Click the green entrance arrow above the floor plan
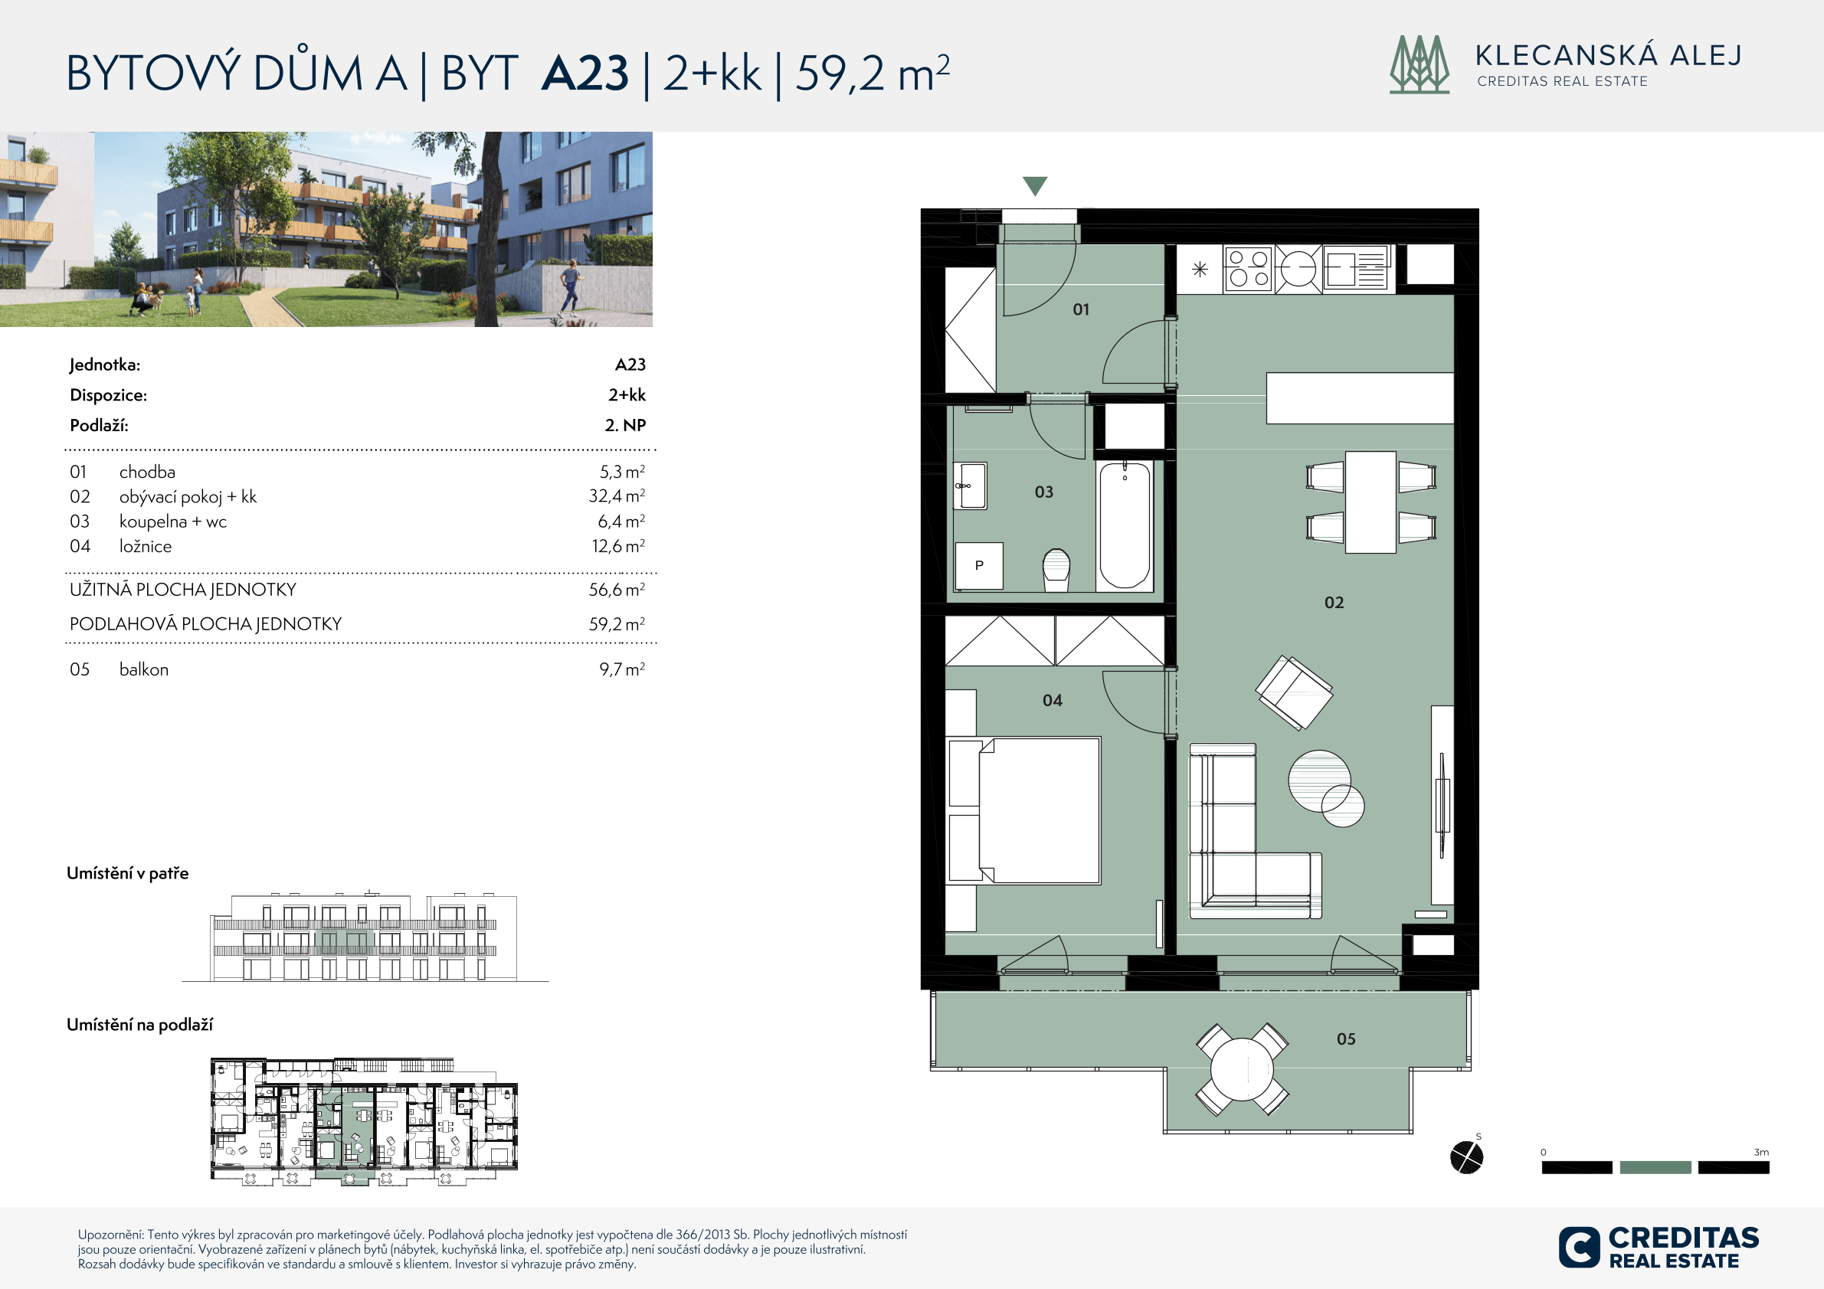pos(1034,186)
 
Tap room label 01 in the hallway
pos(1081,309)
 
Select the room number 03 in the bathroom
pos(1044,492)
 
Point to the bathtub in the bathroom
pos(1124,525)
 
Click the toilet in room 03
pos(1056,570)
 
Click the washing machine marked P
pos(979,565)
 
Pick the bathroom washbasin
pos(970,486)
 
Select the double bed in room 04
pos(1025,810)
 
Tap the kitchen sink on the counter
pos(1356,268)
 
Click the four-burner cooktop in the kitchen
pos(1248,268)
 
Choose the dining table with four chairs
pos(1371,502)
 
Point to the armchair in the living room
pos(1294,692)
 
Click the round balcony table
pos(1243,1069)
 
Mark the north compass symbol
pos(1466,1157)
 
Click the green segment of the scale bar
pos(1655,1167)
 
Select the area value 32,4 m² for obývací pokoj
pos(617,496)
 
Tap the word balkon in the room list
pos(144,669)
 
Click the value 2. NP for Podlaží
pos(625,425)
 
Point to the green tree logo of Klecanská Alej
pos(1420,64)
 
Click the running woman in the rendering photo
pos(570,290)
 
